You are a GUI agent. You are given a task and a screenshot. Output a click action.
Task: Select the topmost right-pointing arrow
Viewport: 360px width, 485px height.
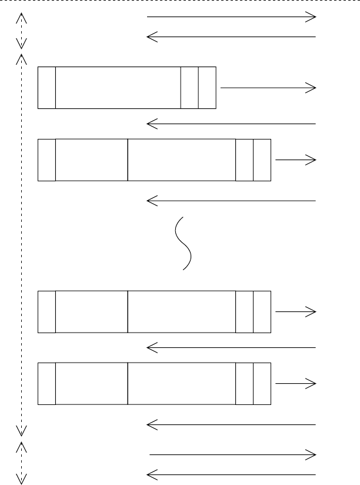click(231, 17)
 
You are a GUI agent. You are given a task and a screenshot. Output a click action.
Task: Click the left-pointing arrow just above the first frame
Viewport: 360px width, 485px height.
click(231, 37)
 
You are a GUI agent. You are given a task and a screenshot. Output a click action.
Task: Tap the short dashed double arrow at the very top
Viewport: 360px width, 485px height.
click(21, 31)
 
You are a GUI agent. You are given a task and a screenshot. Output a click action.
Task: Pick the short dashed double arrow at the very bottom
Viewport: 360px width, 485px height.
click(21, 463)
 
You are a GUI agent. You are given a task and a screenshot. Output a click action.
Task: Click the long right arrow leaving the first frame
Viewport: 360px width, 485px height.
click(268, 88)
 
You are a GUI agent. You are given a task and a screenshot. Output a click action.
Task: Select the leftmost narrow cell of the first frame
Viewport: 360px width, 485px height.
click(46, 88)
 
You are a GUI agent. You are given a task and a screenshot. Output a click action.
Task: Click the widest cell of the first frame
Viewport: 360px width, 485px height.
click(118, 88)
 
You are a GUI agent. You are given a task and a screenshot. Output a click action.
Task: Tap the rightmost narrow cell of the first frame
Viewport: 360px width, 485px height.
click(207, 88)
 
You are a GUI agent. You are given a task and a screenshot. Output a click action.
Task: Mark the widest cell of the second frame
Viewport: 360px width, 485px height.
click(181, 160)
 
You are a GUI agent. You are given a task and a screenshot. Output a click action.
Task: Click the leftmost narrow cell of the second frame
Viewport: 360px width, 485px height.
click(46, 160)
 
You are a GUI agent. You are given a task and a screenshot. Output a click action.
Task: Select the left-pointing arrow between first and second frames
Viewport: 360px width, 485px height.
click(231, 124)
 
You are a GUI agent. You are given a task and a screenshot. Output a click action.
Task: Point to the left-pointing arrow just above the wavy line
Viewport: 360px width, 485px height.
click(231, 201)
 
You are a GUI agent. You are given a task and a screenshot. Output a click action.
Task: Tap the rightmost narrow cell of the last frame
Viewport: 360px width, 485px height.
click(262, 384)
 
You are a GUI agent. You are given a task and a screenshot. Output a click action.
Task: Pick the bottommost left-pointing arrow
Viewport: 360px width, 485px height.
click(231, 474)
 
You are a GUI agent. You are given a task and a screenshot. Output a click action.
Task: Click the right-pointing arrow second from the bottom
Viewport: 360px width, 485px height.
click(233, 454)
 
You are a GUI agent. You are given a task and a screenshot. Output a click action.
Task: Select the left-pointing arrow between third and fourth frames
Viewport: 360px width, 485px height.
click(231, 348)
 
